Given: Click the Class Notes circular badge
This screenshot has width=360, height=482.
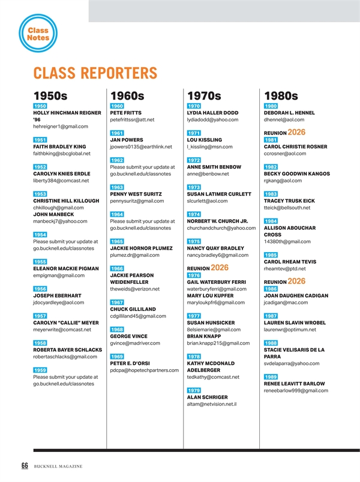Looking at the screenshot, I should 38,34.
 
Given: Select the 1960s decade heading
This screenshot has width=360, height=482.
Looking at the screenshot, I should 127,95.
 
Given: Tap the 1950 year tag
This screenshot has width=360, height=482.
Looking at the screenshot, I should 40,106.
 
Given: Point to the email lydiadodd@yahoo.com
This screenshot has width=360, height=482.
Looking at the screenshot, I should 213,120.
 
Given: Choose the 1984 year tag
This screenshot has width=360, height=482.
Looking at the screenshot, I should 271,221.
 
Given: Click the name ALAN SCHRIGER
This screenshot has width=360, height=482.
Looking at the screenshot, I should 207,397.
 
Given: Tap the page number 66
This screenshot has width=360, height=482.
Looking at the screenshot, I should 25,466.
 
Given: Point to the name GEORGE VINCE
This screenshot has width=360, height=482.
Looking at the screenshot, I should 128,336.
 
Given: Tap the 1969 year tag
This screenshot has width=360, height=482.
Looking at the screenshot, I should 117,357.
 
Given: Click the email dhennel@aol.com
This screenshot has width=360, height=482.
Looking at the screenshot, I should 284,120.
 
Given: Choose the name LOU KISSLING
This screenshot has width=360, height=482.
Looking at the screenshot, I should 206,140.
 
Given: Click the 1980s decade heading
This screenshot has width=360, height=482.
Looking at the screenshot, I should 281,95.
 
